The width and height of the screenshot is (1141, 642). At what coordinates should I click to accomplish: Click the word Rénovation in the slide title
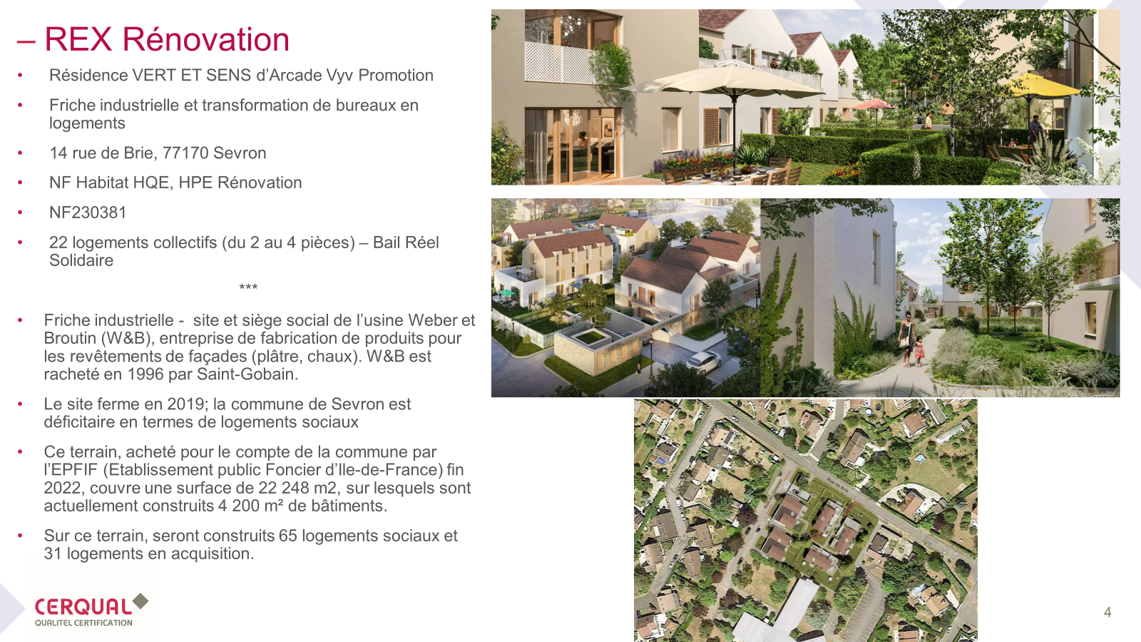click(205, 39)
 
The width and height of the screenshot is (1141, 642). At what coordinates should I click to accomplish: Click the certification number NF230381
click(88, 213)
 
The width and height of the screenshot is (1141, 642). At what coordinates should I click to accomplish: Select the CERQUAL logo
click(91, 610)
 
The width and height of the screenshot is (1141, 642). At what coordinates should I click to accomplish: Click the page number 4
click(1107, 612)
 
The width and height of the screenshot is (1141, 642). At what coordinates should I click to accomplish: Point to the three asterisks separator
click(248, 287)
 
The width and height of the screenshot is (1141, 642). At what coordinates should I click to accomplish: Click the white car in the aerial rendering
click(703, 360)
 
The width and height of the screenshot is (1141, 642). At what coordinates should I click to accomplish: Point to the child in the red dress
click(919, 350)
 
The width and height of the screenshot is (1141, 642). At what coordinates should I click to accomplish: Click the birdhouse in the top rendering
click(947, 107)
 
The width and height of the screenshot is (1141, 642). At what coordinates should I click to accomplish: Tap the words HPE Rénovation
click(240, 183)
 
